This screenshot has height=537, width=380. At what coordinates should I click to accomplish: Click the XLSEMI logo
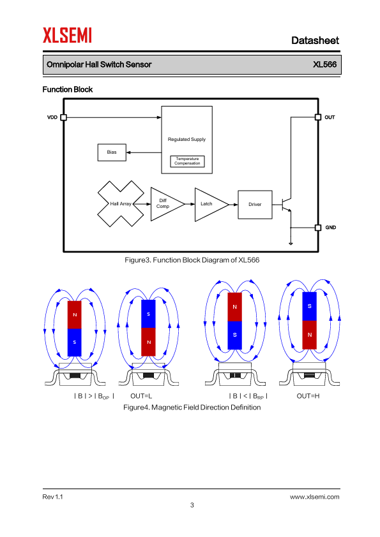[x=67, y=35]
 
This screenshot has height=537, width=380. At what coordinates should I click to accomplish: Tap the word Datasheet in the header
[x=315, y=40]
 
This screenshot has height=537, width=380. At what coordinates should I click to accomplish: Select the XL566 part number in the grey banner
[x=324, y=64]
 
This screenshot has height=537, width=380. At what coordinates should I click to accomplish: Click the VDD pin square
[x=63, y=117]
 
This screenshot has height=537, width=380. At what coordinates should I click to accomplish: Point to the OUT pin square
[x=318, y=117]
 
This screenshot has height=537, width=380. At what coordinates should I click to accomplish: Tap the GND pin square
[x=318, y=228]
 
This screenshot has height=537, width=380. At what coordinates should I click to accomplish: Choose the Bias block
[x=112, y=152]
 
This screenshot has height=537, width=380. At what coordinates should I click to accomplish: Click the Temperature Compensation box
[x=187, y=161]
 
